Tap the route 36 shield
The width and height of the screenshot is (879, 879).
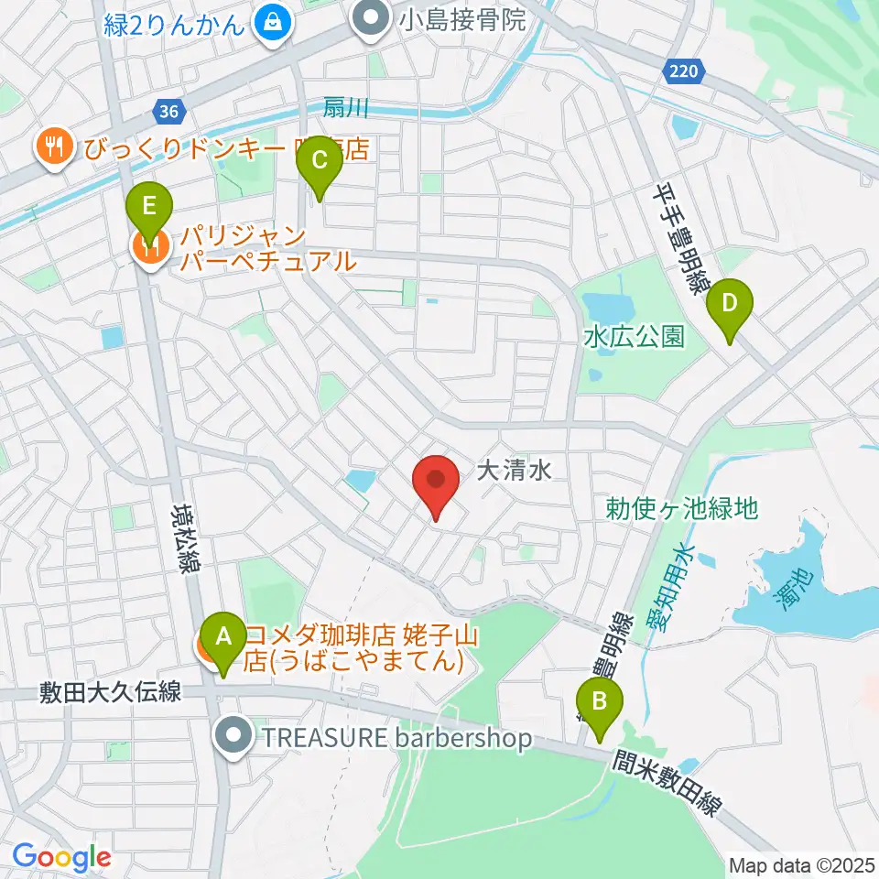click(x=168, y=112)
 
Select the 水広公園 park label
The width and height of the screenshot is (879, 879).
click(x=635, y=337)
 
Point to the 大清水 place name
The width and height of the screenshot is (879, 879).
click(x=514, y=472)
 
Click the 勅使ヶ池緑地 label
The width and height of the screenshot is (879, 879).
click(x=682, y=507)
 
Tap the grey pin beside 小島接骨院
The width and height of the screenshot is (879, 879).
click(x=371, y=18)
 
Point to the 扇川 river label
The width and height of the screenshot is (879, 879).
click(x=345, y=109)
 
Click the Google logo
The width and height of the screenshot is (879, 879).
click(x=61, y=858)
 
